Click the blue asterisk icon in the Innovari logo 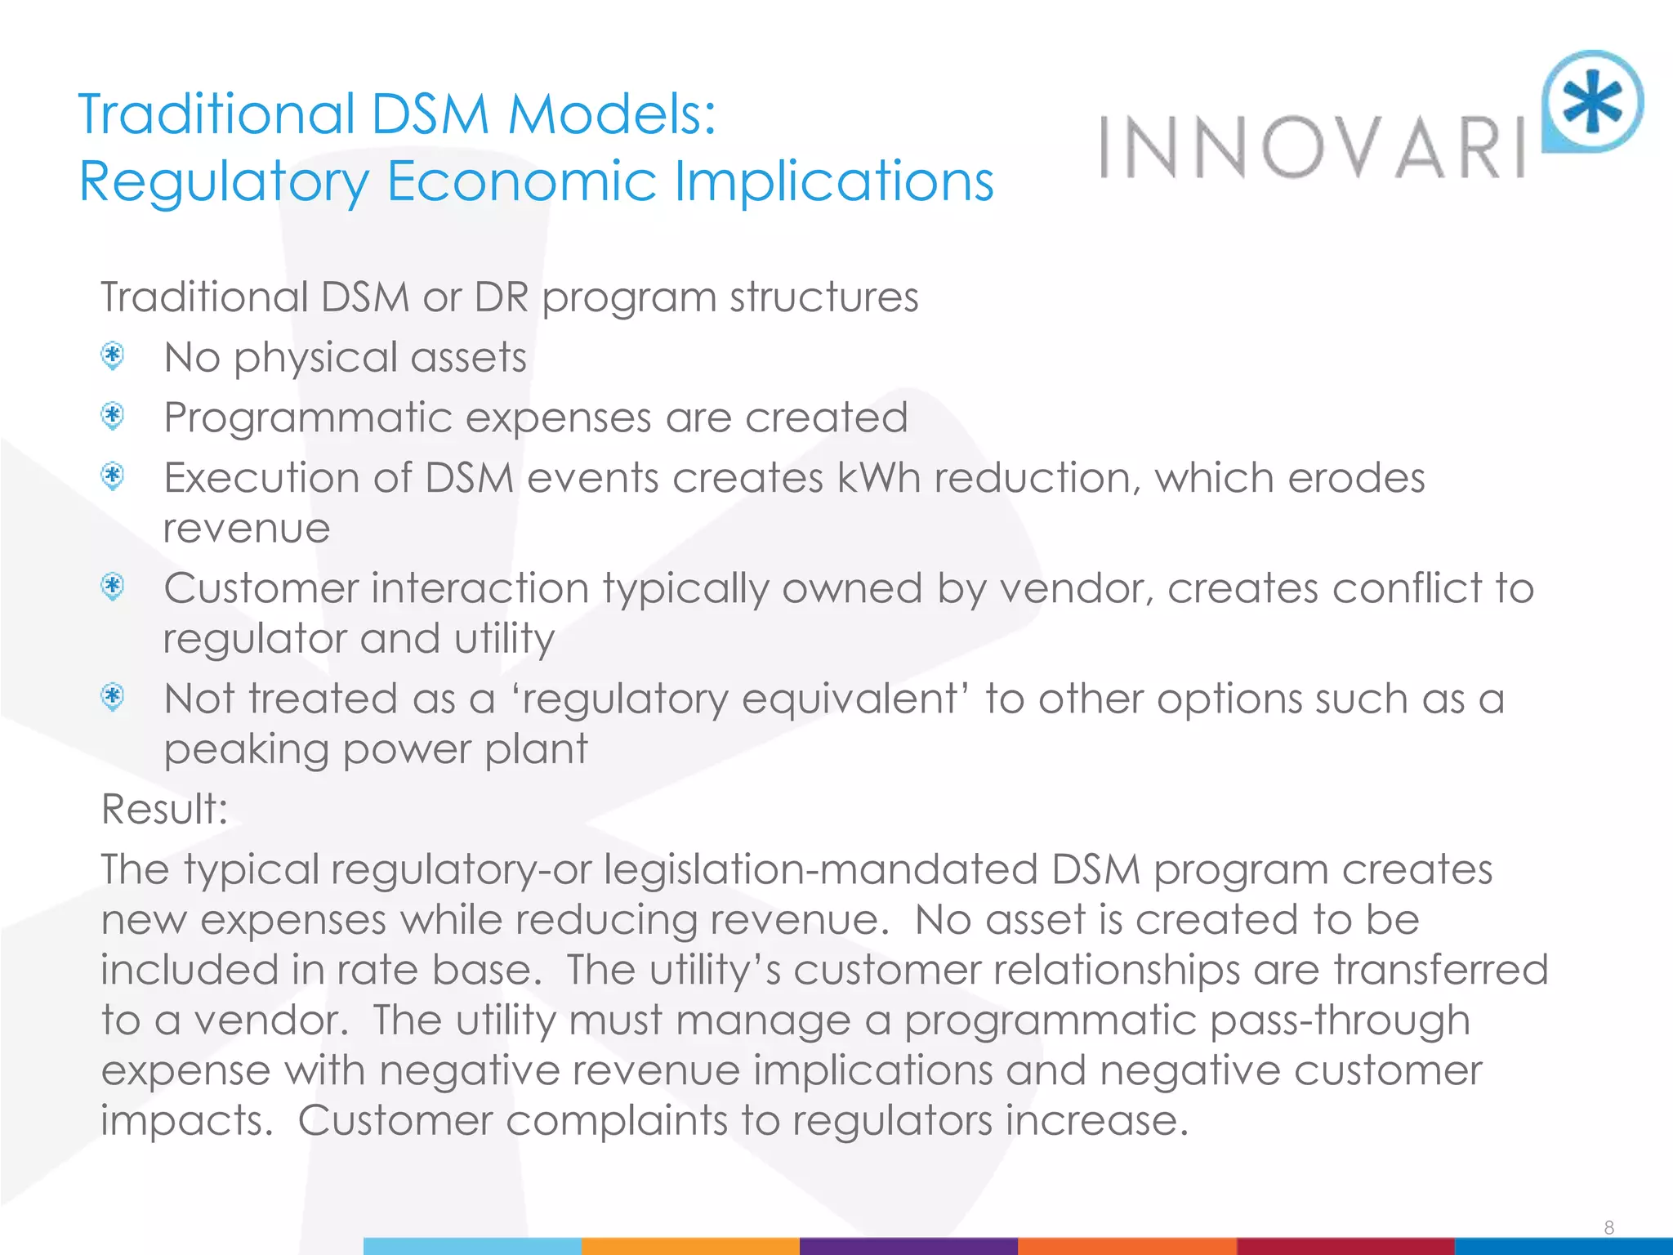pyautogui.click(x=1593, y=101)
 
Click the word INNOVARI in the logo pyautogui.click(x=1312, y=148)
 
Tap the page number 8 pyautogui.click(x=1608, y=1227)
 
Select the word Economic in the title pyautogui.click(x=521, y=181)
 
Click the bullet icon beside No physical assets pyautogui.click(x=113, y=356)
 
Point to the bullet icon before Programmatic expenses pyautogui.click(x=113, y=416)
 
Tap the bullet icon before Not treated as pyautogui.click(x=113, y=697)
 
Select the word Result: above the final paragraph pyautogui.click(x=164, y=809)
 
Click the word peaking pyautogui.click(x=246, y=750)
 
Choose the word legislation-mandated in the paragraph pyautogui.click(x=821, y=869)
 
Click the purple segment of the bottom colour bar pyautogui.click(x=908, y=1246)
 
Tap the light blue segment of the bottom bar pyautogui.click(x=472, y=1246)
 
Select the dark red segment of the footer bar pyautogui.click(x=1345, y=1246)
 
